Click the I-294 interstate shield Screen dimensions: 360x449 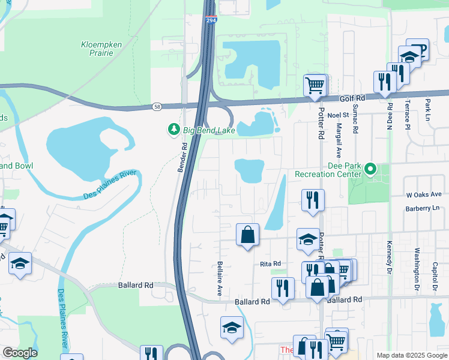209,21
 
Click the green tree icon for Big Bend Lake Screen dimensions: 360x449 173,129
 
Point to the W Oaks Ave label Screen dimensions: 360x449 424,194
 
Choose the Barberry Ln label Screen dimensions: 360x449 423,208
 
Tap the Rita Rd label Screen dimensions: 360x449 271,264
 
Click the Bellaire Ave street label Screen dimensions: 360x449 220,278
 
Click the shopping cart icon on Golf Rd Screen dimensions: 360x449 315,85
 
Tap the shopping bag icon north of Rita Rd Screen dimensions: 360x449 247,235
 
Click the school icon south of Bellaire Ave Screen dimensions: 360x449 232,328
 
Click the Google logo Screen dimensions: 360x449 20,353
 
